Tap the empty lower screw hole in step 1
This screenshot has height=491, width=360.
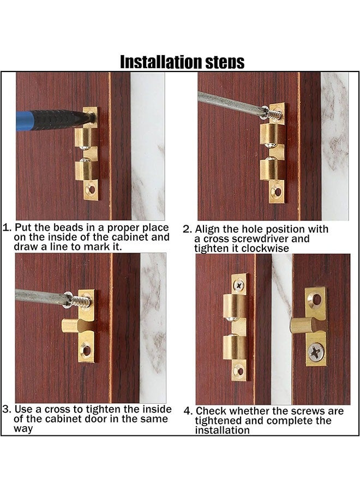[x=91, y=190]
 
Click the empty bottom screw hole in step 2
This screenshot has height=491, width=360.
[x=278, y=192]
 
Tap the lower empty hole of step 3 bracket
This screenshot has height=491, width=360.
[x=86, y=348]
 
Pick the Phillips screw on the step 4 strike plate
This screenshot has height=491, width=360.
[x=315, y=352]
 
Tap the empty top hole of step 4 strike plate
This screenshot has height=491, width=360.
[x=315, y=298]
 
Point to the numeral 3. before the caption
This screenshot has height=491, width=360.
[x=7, y=409]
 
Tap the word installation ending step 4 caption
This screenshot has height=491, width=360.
[x=222, y=430]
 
